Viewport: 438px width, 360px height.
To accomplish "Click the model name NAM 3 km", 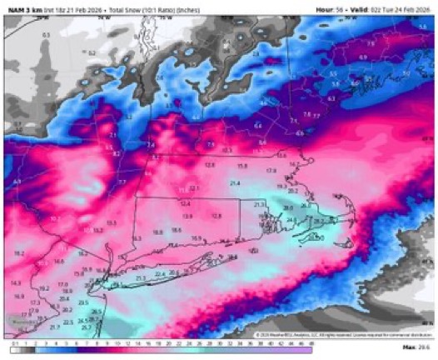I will click(22, 7).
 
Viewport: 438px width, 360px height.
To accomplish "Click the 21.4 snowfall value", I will click(236, 182).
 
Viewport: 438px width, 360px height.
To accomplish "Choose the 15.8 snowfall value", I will click(243, 166).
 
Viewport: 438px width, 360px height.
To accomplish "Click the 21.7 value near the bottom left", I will click(54, 327).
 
